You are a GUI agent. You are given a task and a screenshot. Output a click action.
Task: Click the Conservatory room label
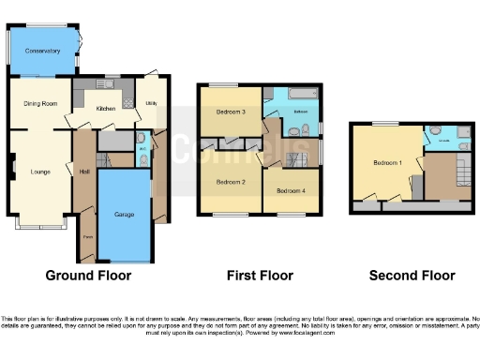[42, 51]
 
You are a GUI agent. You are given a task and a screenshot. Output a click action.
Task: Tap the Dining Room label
[40, 103]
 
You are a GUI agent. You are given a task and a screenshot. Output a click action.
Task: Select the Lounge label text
[39, 171]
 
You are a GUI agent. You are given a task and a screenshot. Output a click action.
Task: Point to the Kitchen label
[106, 109]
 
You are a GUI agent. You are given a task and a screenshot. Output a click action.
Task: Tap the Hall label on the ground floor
[84, 171]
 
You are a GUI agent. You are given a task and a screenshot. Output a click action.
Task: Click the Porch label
[86, 236]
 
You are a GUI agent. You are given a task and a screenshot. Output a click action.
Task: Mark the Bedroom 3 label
[230, 112]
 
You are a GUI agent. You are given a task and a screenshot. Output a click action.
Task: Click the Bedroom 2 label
[230, 181]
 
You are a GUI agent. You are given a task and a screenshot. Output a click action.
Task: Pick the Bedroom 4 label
[290, 190]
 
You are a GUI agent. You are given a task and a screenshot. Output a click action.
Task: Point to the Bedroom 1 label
[387, 162]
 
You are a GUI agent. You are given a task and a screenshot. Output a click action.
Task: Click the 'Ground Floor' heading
[88, 276]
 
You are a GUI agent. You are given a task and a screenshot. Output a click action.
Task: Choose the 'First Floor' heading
[260, 276]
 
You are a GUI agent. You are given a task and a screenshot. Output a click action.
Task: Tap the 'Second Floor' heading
[412, 276]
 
